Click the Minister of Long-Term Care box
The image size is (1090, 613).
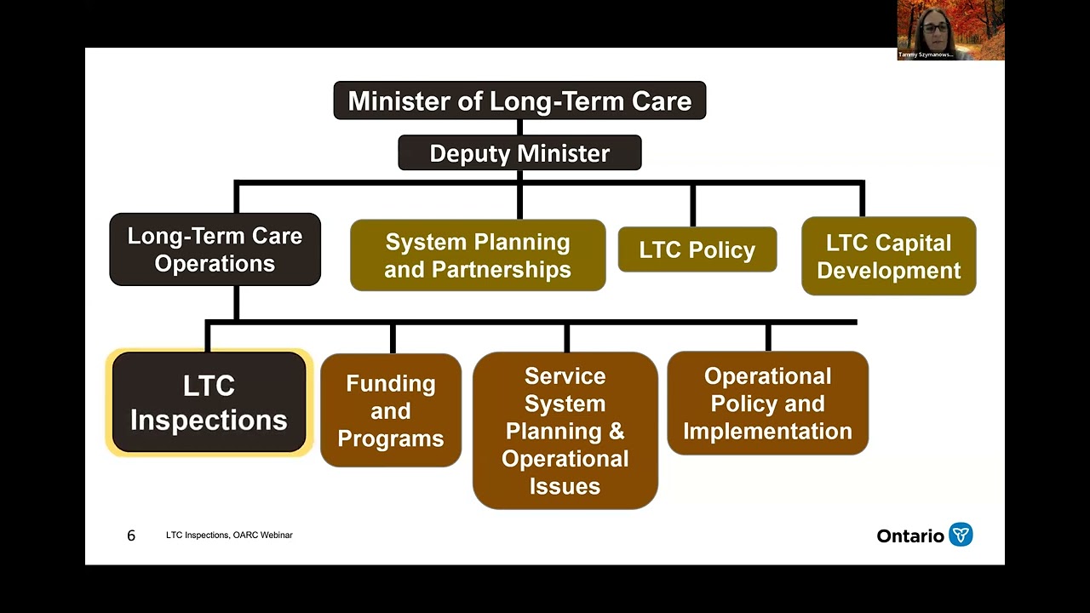click(519, 100)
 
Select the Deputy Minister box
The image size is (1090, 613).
click(519, 153)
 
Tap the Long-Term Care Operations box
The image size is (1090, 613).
click(215, 249)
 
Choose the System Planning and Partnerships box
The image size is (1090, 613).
click(478, 255)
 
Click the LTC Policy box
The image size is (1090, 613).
click(697, 250)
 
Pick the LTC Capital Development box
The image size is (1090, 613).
click(888, 256)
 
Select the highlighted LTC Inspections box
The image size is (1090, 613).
click(209, 403)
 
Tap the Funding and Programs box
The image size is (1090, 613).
click(391, 410)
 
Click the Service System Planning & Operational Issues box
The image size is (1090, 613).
click(565, 431)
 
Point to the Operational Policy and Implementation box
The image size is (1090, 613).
click(767, 404)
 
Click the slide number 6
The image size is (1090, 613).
click(131, 536)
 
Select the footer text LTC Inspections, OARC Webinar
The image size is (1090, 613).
click(229, 536)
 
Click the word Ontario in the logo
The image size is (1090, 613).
click(910, 536)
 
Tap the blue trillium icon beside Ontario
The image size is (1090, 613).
click(961, 535)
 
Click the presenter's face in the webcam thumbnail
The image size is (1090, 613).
click(934, 27)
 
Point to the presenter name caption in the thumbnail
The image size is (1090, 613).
click(926, 54)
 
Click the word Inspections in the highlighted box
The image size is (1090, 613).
click(209, 421)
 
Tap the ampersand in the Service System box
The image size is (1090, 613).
click(616, 431)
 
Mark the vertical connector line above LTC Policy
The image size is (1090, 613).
click(692, 205)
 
